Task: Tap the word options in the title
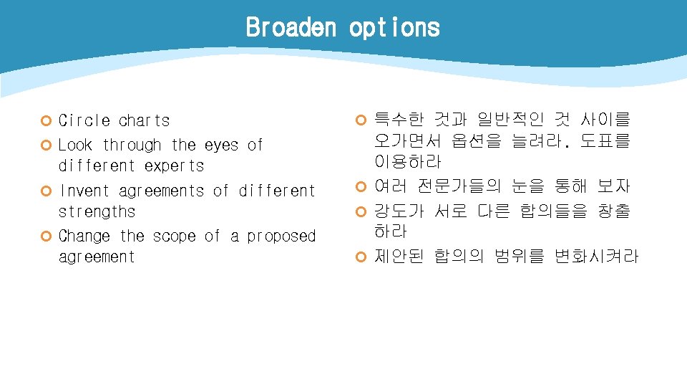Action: coord(394,28)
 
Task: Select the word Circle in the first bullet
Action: coord(84,120)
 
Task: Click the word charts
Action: coord(145,120)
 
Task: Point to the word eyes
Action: coord(221,145)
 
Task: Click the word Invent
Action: coord(84,191)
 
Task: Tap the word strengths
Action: coord(97,211)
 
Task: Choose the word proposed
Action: coord(281,236)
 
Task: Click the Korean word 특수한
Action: coord(400,120)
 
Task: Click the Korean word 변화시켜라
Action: coord(596,256)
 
